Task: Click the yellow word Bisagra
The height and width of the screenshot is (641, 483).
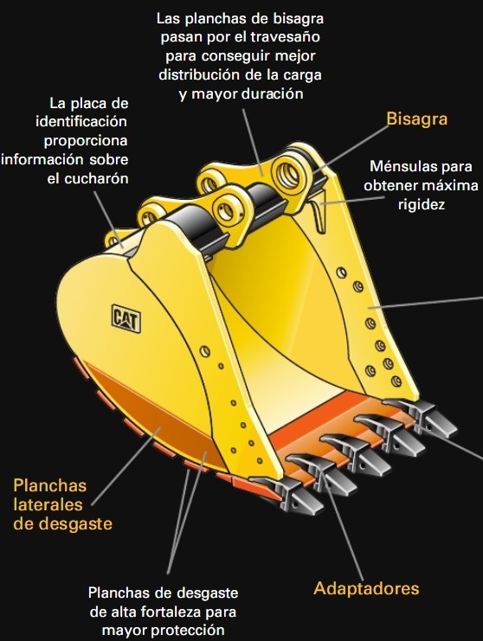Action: (416, 119)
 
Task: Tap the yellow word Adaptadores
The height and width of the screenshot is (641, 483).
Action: (366, 588)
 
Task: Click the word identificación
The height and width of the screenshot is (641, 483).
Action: (81, 121)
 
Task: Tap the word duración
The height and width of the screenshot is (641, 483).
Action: (273, 93)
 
